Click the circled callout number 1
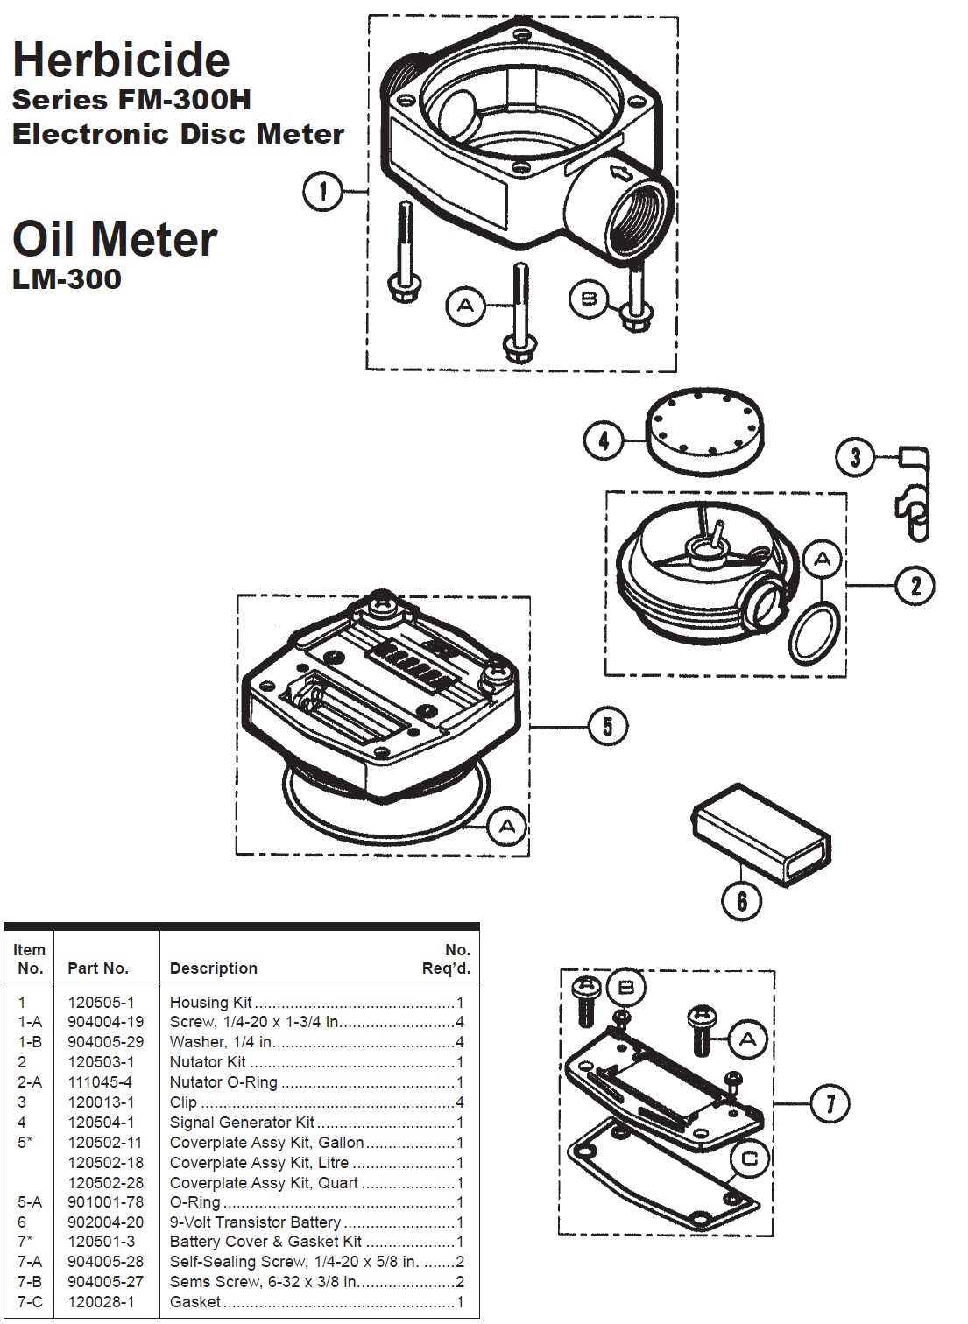(x=324, y=191)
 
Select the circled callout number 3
(x=856, y=456)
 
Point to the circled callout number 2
(x=915, y=585)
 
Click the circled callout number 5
(x=608, y=726)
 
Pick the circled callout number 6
(x=742, y=899)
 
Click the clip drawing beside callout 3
(x=913, y=495)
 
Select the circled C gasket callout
(x=750, y=1159)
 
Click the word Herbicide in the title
(x=121, y=60)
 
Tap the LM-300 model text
(x=67, y=279)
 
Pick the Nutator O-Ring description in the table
(x=223, y=1082)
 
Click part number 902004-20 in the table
(x=105, y=1222)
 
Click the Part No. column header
(x=98, y=968)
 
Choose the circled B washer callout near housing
(x=589, y=299)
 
